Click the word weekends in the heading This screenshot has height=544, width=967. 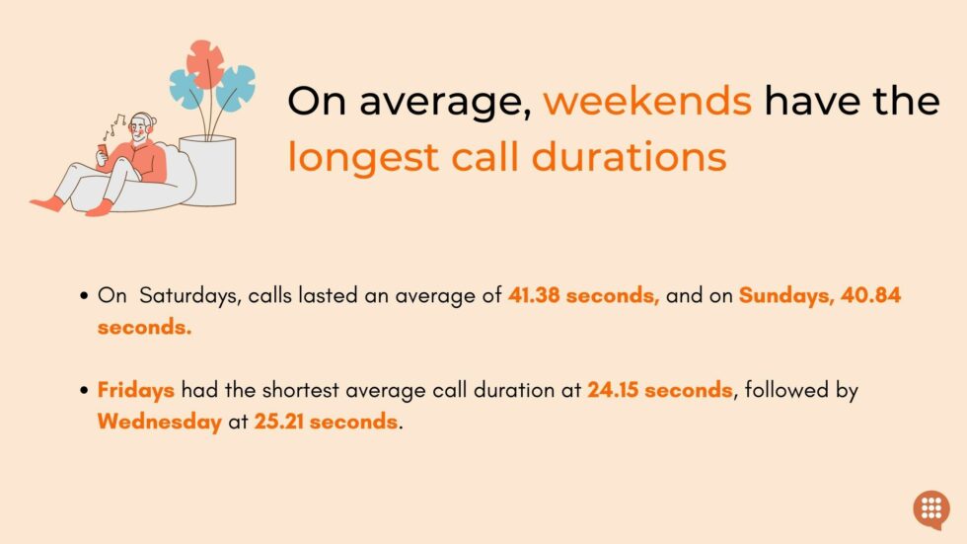click(x=647, y=101)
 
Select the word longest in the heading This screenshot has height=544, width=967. click(x=363, y=157)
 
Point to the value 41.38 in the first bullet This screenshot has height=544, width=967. click(x=533, y=295)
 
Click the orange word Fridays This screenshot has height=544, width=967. click(x=136, y=390)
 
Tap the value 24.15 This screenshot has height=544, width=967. click(x=612, y=390)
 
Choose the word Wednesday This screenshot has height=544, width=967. click(x=159, y=423)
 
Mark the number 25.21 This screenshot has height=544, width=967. click(x=278, y=422)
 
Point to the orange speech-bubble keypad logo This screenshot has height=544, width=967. click(x=931, y=509)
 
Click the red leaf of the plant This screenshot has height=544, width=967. click(x=205, y=62)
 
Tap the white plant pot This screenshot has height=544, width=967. click(x=207, y=171)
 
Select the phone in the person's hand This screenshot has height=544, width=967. click(x=103, y=151)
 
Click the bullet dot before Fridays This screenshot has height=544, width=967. click(x=85, y=390)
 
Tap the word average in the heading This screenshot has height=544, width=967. click(x=446, y=102)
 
